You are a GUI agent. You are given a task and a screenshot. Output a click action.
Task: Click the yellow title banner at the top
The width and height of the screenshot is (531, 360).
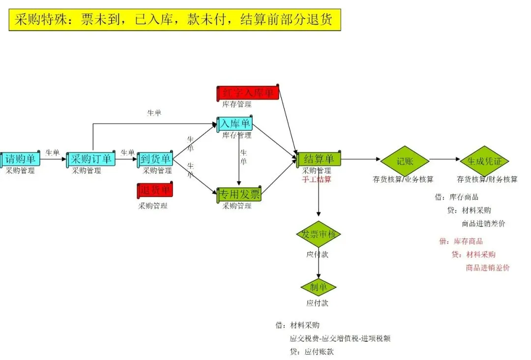(x=175, y=20)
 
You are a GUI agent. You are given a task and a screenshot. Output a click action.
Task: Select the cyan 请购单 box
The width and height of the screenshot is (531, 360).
(x=20, y=159)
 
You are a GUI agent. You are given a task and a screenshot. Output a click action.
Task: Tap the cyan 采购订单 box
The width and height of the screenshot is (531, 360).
(x=91, y=159)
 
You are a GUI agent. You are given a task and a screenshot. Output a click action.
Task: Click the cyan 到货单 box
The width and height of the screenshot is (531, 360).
(x=155, y=159)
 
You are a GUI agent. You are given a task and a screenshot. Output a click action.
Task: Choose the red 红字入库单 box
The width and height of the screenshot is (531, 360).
(x=248, y=93)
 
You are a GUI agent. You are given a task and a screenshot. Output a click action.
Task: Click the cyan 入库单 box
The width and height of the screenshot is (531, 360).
(x=235, y=124)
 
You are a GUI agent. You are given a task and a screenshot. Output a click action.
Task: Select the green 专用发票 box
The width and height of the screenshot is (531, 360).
(x=239, y=195)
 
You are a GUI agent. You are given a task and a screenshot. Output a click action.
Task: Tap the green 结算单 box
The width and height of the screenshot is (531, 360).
(x=319, y=159)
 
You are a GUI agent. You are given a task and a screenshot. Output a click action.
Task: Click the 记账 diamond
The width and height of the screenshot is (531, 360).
(x=405, y=160)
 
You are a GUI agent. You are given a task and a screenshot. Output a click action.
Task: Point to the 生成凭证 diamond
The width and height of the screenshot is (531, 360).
(x=484, y=160)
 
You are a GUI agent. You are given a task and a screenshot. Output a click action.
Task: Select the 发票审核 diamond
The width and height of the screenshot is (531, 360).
(x=318, y=234)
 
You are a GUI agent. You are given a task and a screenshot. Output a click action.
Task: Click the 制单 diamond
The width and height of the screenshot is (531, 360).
(x=318, y=287)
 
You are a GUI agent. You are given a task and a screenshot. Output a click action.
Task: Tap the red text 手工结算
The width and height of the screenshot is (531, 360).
(x=317, y=180)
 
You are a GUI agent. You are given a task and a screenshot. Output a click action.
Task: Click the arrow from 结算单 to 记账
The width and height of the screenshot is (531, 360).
(x=360, y=159)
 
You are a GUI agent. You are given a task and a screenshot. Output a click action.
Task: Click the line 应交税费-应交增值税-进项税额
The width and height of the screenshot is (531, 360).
(x=340, y=338)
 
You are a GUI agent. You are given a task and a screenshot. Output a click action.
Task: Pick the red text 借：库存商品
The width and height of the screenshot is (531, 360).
(x=461, y=241)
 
